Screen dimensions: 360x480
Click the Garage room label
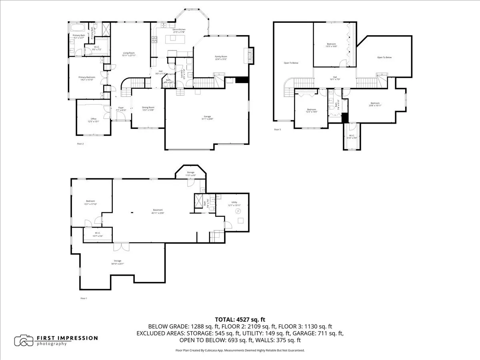pyautogui.click(x=206, y=118)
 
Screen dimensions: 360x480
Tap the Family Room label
pyautogui.click(x=221, y=58)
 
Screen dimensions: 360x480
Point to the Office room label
pyautogui.click(x=94, y=120)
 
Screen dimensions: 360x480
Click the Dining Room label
pyautogui.click(x=148, y=108)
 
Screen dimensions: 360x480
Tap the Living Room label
pyautogui.click(x=129, y=54)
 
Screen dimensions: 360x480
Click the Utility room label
pyautogui.click(x=232, y=204)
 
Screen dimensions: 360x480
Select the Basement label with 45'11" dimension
pyautogui.click(x=158, y=211)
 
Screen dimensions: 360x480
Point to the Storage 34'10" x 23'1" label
pyautogui.click(x=117, y=262)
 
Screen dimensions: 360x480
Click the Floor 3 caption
pyautogui.click(x=278, y=130)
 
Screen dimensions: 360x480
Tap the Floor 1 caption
pyautogui.click(x=84, y=298)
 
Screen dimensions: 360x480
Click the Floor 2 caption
pyautogui.click(x=80, y=143)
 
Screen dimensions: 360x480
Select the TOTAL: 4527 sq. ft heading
pyautogui.click(x=240, y=319)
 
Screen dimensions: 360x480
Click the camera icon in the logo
pyautogui.click(x=24, y=341)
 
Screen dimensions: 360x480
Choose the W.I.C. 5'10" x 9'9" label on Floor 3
pyautogui.click(x=352, y=136)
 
